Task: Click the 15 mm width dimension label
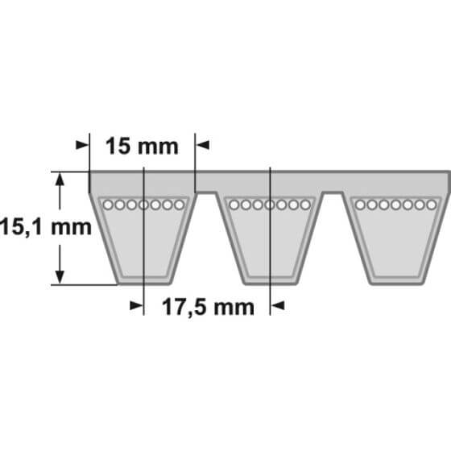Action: point(142,147)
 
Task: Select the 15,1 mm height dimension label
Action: point(45,227)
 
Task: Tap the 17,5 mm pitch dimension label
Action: point(209,307)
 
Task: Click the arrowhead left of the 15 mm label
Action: point(82,145)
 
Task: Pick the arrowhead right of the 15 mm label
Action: point(202,145)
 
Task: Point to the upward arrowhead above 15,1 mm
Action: point(60,180)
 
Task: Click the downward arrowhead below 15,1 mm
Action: point(60,277)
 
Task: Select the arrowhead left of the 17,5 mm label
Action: point(136,305)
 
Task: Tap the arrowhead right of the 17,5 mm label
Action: point(278,305)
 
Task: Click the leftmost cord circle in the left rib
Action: point(108,205)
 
